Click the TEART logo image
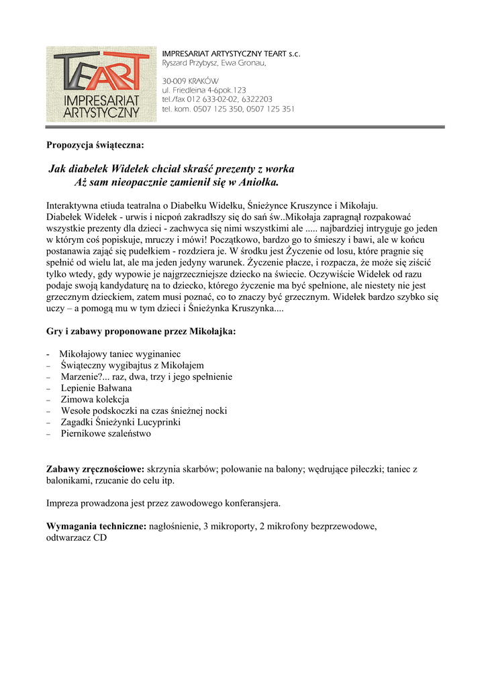click(101, 84)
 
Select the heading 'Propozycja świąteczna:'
click(95, 144)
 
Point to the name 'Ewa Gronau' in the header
click(248, 62)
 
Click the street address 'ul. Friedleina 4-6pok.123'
click(204, 90)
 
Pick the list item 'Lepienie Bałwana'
click(96, 388)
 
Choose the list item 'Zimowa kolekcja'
click(95, 399)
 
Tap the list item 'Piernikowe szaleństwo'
click(105, 433)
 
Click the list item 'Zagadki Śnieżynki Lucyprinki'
click(120, 422)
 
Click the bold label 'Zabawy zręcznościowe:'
click(95, 469)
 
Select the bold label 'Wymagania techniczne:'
click(96, 527)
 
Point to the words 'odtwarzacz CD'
click(77, 537)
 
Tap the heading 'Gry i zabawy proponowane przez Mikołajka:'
click(141, 331)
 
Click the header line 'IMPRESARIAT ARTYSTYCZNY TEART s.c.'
click(231, 53)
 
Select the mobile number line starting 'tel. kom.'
click(228, 109)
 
